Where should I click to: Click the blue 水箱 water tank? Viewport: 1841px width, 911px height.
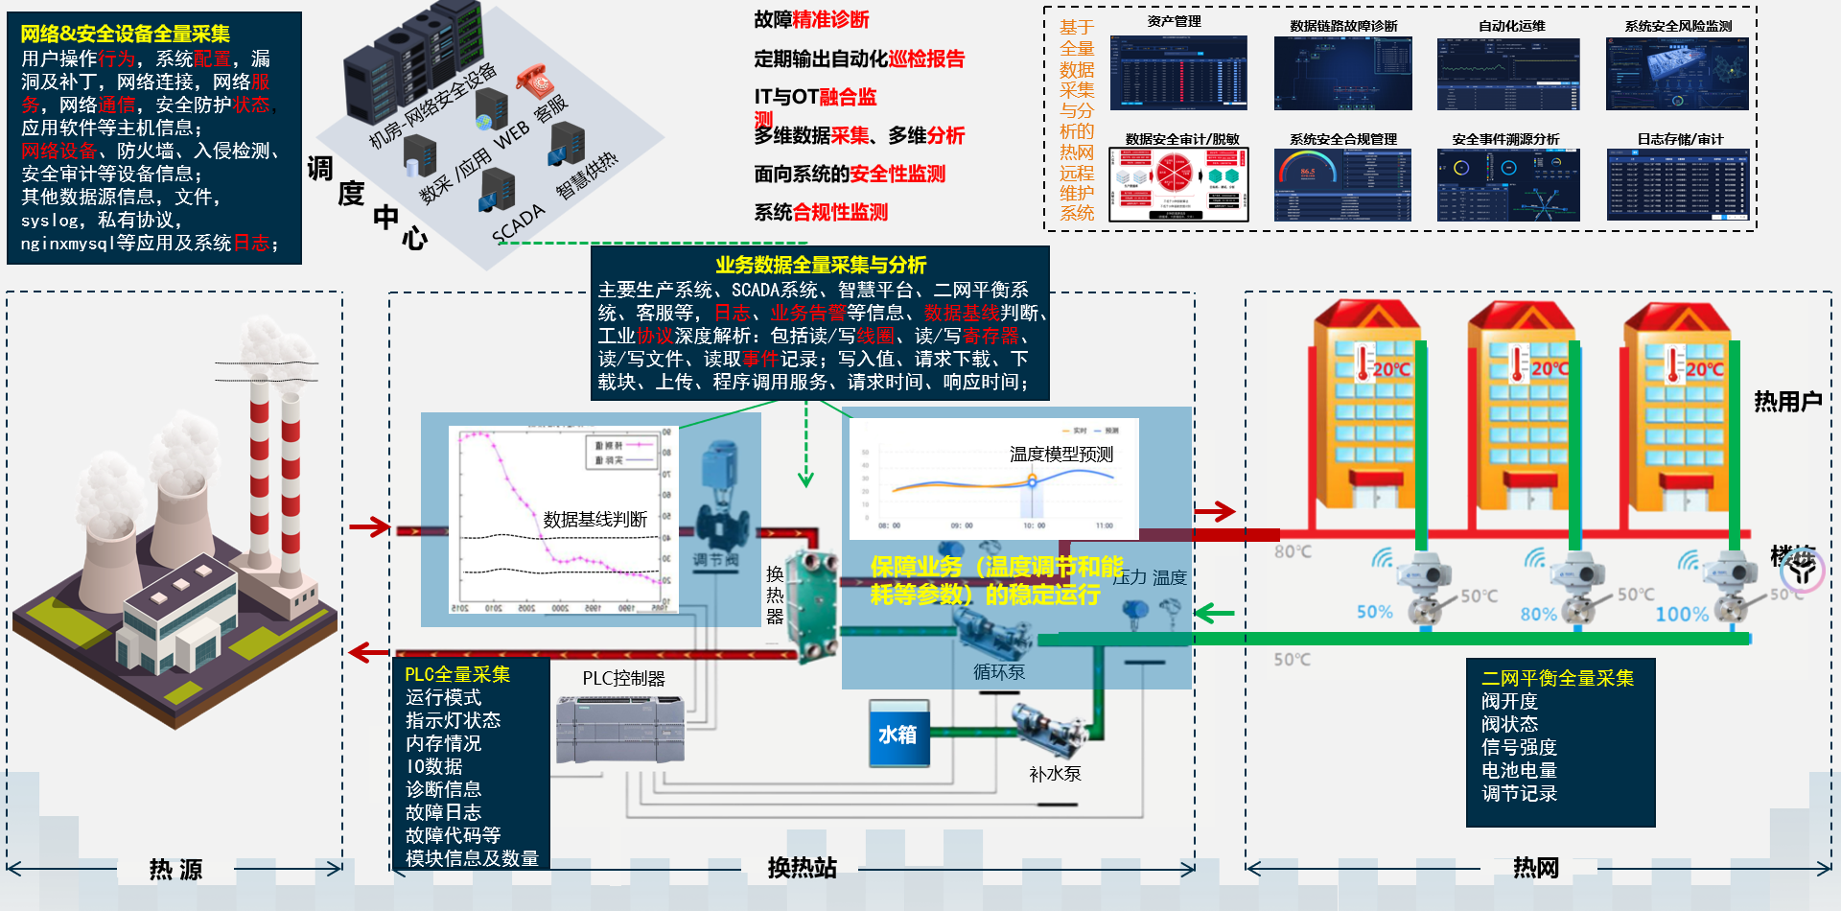[898, 735]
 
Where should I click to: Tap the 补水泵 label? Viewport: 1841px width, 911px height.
[1055, 774]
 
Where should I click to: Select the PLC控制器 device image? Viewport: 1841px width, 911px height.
[620, 732]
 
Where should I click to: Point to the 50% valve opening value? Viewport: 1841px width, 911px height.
[1374, 612]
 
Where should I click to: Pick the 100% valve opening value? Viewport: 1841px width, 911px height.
[1682, 615]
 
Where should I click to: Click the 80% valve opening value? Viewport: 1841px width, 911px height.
[1538, 614]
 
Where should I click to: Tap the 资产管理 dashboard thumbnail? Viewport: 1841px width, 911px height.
[1178, 74]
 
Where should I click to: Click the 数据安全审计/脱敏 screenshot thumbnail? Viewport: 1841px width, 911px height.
[1178, 185]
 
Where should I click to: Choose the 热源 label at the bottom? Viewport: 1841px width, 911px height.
[175, 870]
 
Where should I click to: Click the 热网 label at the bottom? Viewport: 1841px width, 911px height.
[1536, 868]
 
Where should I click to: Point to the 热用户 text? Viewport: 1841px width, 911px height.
[1787, 402]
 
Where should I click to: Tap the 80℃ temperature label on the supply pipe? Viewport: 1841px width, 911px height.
[1293, 551]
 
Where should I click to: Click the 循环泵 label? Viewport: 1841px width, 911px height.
[999, 672]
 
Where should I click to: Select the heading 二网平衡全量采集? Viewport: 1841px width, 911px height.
[1557, 678]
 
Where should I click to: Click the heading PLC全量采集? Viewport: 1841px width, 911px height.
[457, 674]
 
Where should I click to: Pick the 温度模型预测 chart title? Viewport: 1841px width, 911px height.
[1061, 454]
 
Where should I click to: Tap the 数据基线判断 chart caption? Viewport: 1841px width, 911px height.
[594, 520]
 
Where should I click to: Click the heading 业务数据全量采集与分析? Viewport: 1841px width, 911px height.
[821, 265]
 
